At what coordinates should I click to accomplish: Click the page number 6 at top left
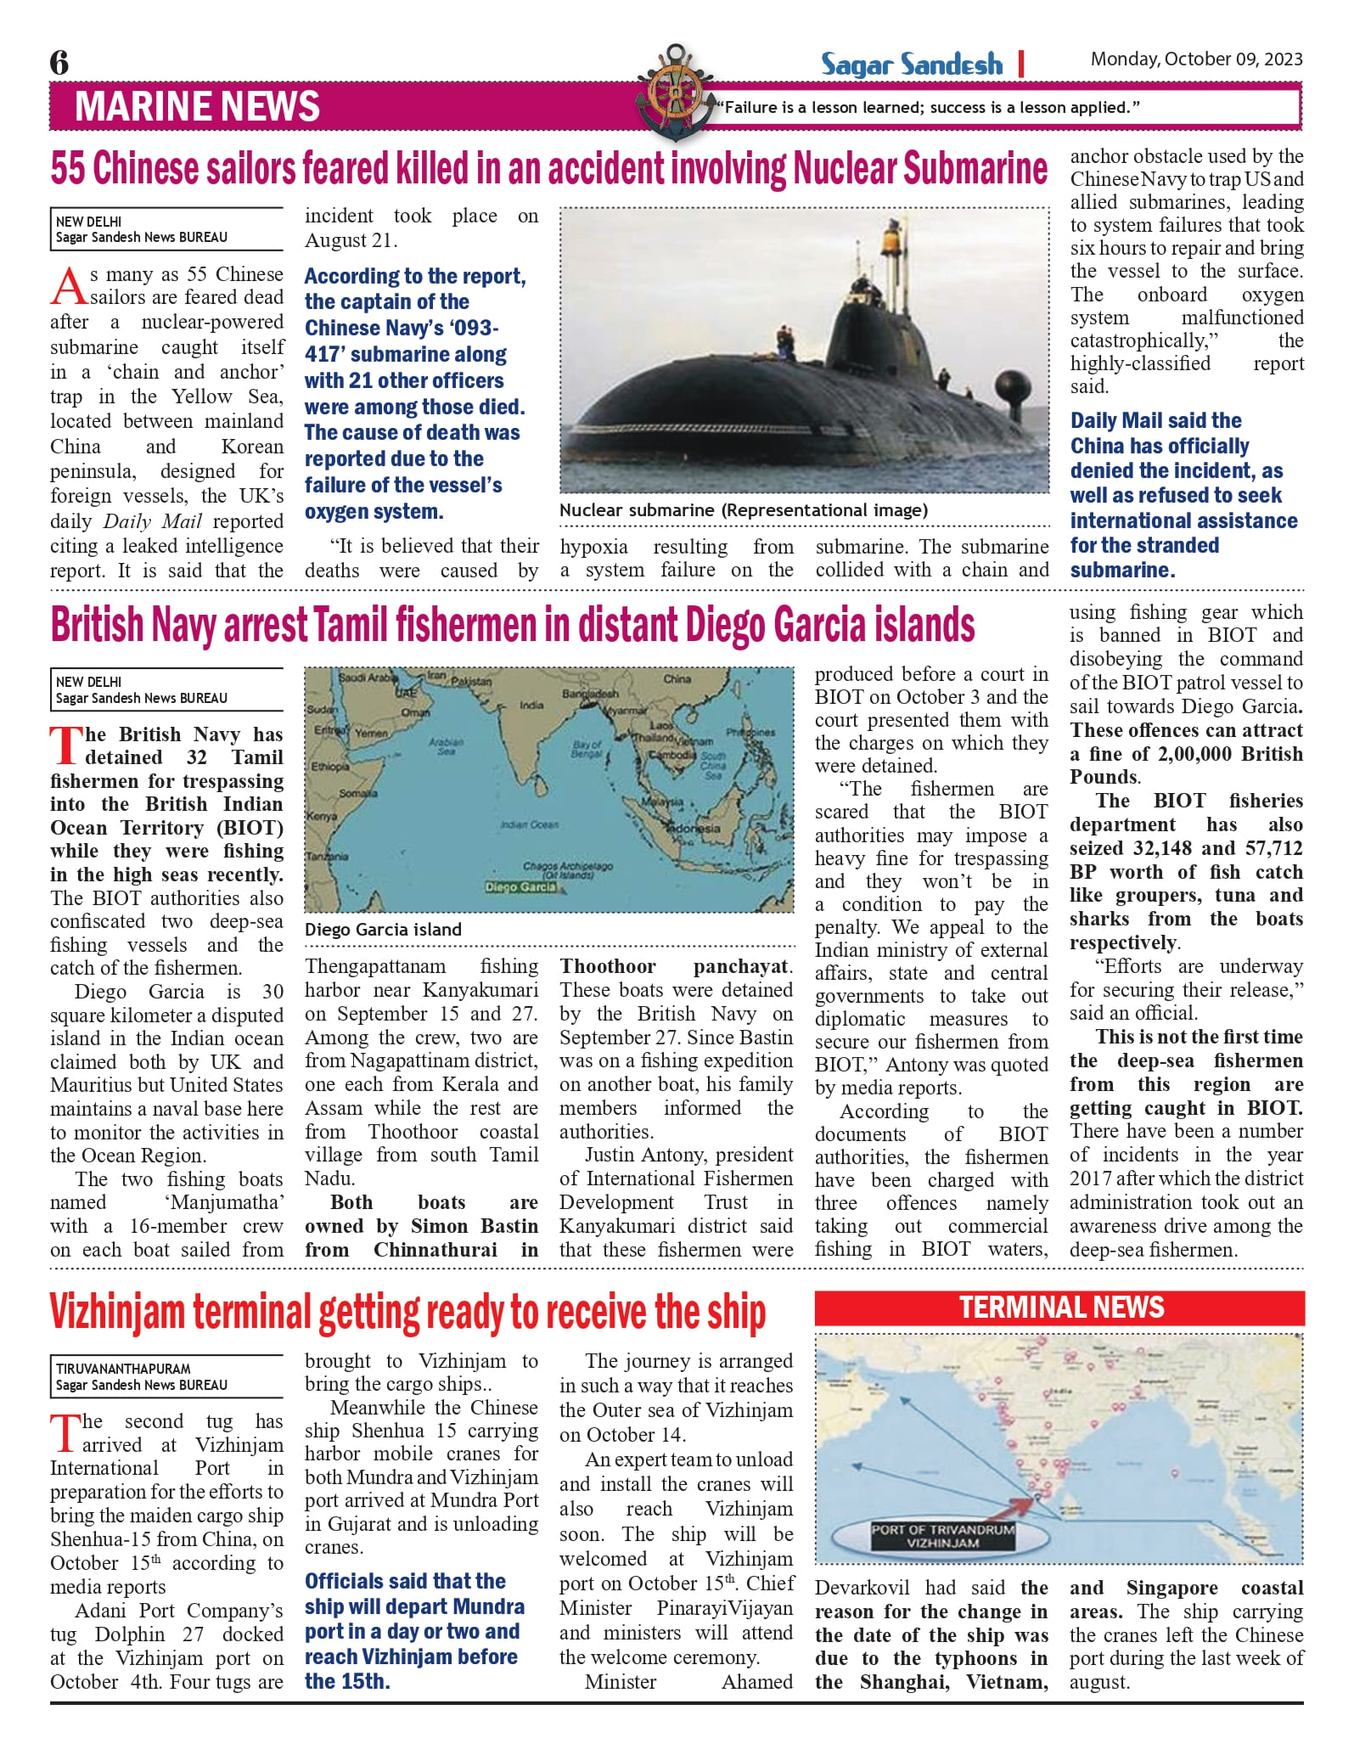coord(59,63)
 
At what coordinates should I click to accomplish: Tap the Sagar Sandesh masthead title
coord(911,65)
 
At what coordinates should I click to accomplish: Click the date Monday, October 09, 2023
coord(1196,59)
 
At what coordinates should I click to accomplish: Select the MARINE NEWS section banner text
coord(197,107)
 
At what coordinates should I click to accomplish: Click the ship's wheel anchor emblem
coord(672,90)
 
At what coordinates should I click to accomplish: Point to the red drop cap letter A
coord(68,287)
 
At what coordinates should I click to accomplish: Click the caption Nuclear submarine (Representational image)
coord(743,510)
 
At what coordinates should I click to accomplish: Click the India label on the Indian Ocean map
coord(531,706)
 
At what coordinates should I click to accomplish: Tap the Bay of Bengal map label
coord(587,749)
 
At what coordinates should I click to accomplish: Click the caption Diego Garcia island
coord(383,930)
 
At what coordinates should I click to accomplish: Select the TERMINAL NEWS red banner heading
coord(1059,1308)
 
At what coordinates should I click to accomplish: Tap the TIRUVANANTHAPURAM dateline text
coord(123,1369)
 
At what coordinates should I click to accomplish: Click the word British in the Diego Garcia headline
coord(97,626)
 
